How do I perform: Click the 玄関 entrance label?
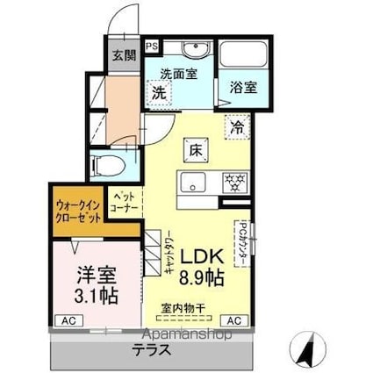pyautogui.click(x=123, y=55)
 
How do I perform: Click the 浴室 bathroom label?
pyautogui.click(x=243, y=87)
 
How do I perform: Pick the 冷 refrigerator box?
pyautogui.click(x=238, y=126)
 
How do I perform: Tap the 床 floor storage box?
pyautogui.click(x=195, y=149)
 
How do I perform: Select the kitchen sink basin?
pyautogui.click(x=191, y=183)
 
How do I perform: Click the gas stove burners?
pyautogui.click(x=233, y=183)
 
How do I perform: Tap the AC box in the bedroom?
pyautogui.click(x=67, y=320)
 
